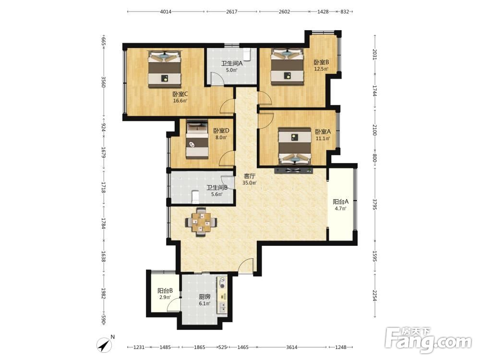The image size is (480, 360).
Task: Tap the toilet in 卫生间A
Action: pos(247,54)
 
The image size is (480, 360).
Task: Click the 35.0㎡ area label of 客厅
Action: pos(250,183)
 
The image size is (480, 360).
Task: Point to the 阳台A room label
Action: pos(340,202)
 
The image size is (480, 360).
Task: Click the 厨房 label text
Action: pos(204,297)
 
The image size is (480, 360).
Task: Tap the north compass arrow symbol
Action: pos(105,345)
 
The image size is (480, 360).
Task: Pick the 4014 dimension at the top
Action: pos(166,12)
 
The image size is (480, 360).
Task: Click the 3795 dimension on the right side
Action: pos(375,204)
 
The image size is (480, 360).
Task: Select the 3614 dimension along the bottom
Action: pos(292,347)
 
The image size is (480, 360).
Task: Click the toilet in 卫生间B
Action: pos(195,197)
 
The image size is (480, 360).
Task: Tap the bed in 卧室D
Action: pos(197,139)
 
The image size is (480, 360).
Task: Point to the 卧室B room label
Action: pos(321,62)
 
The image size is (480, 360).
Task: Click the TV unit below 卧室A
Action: pos(294,170)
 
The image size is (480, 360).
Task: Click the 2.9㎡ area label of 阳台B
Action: pos(165,297)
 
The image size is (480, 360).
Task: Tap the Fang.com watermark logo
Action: pos(429,340)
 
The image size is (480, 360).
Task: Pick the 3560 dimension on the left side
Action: pos(103,82)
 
